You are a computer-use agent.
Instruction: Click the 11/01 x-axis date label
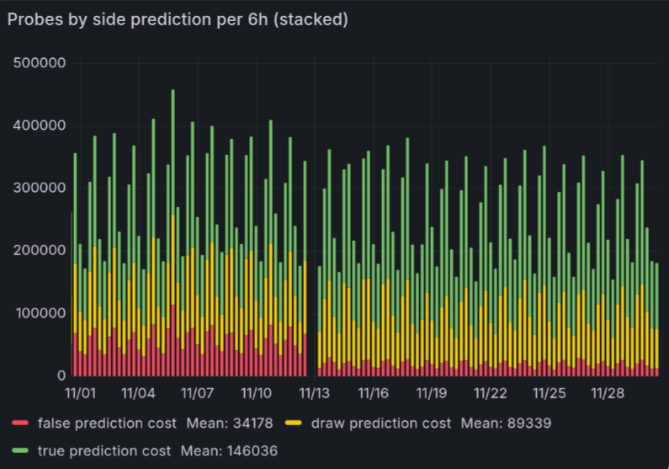(x=80, y=393)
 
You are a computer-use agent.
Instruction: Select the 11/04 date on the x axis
(x=138, y=393)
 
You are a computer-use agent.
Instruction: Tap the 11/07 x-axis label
(x=197, y=393)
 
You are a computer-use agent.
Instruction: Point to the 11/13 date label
(x=314, y=393)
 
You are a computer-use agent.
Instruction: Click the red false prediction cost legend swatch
(x=21, y=422)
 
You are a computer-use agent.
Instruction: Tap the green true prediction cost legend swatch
(x=21, y=450)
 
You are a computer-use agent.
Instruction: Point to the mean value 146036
(x=249, y=450)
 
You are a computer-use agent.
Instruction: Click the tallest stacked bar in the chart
(x=173, y=236)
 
